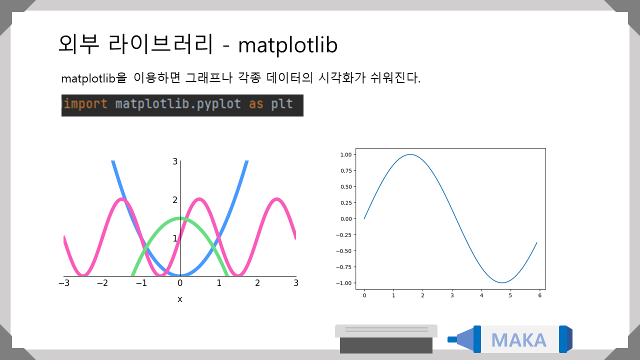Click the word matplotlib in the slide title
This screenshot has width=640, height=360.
click(x=287, y=45)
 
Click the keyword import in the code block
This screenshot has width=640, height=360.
click(x=85, y=103)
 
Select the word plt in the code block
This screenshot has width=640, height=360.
click(x=282, y=103)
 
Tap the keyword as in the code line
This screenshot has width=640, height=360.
click(x=256, y=104)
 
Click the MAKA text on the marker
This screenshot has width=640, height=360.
click(x=519, y=340)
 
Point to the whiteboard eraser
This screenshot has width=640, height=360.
click(x=386, y=339)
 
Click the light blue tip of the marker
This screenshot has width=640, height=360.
click(x=460, y=339)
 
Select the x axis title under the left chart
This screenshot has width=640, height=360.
click(x=179, y=299)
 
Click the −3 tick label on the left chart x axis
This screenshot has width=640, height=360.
click(x=64, y=283)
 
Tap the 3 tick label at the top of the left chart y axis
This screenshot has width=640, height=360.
click(x=175, y=161)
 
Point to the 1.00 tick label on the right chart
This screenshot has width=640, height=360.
click(x=346, y=154)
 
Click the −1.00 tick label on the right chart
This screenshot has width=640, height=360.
click(x=343, y=283)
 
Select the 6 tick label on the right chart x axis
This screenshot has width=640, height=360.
click(x=539, y=295)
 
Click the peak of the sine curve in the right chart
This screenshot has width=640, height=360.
click(x=410, y=154)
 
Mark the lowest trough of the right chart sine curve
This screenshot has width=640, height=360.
click(x=502, y=282)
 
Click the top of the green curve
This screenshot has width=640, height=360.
click(x=180, y=218)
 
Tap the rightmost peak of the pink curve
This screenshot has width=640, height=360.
click(x=276, y=199)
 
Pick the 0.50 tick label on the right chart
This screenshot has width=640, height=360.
click(x=346, y=187)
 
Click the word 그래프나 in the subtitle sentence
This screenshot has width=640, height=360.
click(x=209, y=77)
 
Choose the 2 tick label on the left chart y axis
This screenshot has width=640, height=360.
click(x=175, y=200)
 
